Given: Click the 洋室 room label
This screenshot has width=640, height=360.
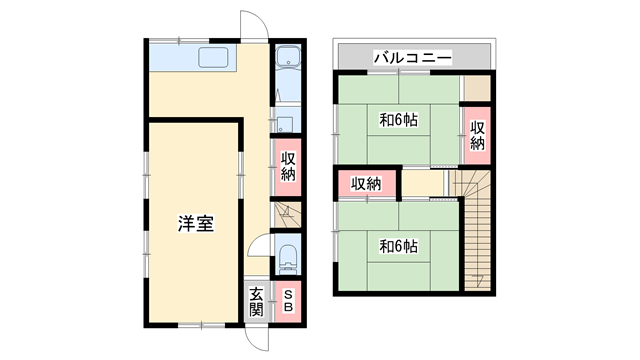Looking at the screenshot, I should tap(196, 224).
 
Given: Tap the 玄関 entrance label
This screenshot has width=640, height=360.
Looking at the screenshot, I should tap(257, 300).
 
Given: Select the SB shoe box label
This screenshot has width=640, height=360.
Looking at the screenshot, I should tap(287, 301).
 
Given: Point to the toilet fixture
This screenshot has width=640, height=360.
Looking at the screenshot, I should tap(288, 259).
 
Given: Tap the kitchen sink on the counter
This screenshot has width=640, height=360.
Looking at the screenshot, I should tap(215, 58).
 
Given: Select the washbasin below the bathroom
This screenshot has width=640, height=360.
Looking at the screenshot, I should tap(286, 125).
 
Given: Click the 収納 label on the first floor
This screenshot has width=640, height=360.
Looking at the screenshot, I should tap(288, 166).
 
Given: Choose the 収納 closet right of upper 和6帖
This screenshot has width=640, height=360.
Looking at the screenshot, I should tap(478, 134).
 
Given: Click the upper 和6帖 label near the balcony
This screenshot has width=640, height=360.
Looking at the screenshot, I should tap(398, 120).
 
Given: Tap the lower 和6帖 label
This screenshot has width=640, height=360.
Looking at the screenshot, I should tap(398, 245).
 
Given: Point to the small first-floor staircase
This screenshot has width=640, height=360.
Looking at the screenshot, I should tap(285, 213).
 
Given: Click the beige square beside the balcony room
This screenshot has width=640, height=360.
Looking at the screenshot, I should tap(477, 87).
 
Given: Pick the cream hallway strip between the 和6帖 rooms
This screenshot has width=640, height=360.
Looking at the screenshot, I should tap(421, 184).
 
